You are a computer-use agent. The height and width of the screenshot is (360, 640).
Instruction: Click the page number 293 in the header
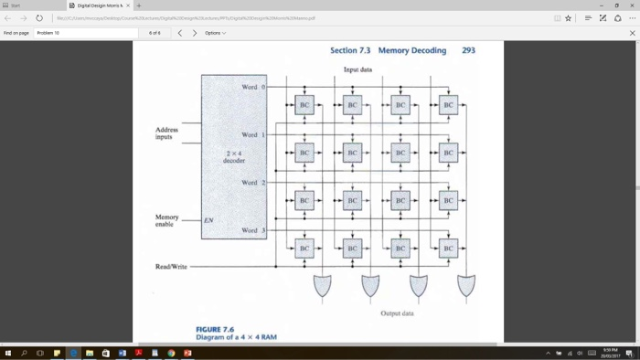tap(468, 50)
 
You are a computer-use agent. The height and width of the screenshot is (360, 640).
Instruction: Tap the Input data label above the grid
tap(357, 69)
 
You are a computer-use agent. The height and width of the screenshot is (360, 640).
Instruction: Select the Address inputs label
tap(166, 133)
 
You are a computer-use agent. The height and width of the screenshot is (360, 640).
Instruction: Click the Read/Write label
tap(171, 267)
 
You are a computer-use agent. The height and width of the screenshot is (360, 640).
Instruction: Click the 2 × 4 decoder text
tap(234, 156)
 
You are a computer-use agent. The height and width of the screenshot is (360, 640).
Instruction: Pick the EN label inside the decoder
tap(208, 220)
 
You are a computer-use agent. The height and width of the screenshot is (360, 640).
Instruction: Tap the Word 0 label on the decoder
tap(253, 87)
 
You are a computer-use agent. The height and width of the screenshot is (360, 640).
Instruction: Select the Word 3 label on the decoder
tap(253, 230)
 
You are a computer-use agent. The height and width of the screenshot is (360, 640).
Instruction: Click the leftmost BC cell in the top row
tap(304, 105)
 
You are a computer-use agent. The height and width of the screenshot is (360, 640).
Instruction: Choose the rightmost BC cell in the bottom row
tap(448, 248)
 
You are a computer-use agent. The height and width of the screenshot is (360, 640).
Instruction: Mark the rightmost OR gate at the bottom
tap(466, 286)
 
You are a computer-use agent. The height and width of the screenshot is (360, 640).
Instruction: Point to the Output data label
tap(397, 313)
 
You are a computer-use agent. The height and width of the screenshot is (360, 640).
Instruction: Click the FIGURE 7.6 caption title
tap(215, 329)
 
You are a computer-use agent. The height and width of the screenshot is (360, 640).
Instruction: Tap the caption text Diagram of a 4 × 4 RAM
tap(236, 337)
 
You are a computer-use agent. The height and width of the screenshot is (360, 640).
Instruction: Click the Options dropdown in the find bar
tap(215, 33)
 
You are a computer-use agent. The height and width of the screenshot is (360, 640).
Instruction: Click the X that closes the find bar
tap(632, 33)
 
